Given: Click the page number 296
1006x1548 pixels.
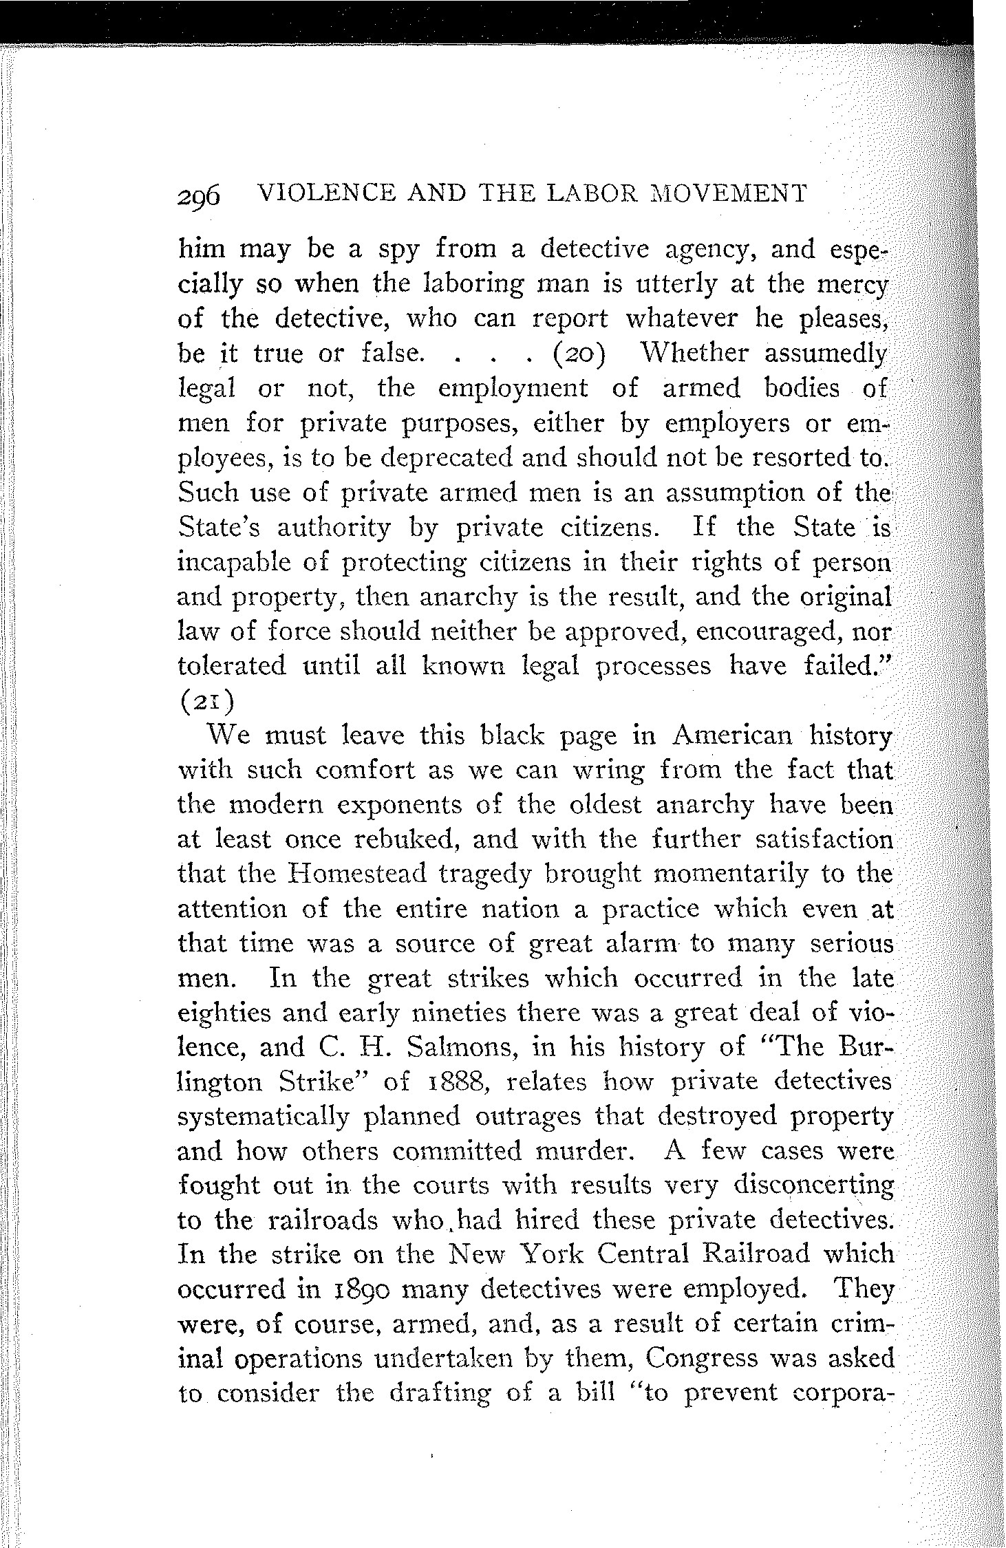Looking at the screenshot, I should (x=198, y=196).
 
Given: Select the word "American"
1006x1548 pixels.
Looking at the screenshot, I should (x=730, y=735).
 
